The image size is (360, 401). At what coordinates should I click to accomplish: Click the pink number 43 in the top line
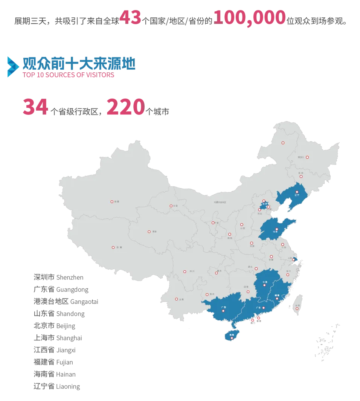click(130, 18)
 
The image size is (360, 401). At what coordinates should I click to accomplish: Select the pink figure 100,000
click(249, 18)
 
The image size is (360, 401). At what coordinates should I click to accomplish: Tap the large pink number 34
click(35, 107)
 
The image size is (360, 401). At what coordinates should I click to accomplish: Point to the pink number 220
click(125, 107)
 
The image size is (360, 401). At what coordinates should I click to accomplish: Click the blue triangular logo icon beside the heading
click(12, 66)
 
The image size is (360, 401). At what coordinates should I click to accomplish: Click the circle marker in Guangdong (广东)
click(264, 308)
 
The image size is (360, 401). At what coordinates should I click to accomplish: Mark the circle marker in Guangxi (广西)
click(223, 311)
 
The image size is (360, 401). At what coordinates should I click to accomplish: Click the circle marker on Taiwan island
click(297, 309)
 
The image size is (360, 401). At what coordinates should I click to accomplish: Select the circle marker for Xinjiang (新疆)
click(112, 202)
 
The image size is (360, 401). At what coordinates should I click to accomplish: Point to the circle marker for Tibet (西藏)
click(113, 247)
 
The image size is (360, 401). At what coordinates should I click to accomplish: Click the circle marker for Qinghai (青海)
click(149, 232)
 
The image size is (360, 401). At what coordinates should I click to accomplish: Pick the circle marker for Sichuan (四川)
click(185, 271)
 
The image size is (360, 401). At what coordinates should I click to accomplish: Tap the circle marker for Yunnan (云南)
click(176, 299)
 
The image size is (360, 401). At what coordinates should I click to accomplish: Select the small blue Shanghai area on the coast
click(295, 259)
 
